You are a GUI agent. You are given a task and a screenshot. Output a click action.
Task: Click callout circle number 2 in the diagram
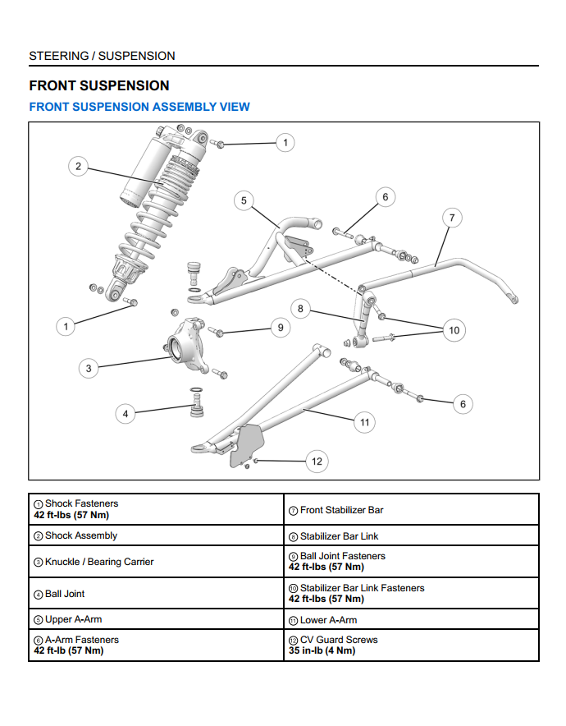(x=78, y=167)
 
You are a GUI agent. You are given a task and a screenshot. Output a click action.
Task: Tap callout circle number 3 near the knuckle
(x=89, y=368)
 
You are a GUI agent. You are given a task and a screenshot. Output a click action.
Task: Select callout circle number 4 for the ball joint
(x=126, y=414)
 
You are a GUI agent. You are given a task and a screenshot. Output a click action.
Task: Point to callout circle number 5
(x=244, y=201)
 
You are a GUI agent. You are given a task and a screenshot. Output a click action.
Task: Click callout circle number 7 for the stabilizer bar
(x=451, y=218)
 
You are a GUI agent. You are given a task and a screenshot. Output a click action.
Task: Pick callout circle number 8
(x=301, y=309)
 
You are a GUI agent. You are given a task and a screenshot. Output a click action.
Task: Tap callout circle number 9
(x=280, y=327)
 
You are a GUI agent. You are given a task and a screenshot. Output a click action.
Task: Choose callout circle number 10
(x=454, y=330)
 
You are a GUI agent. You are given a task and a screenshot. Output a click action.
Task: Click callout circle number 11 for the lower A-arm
(x=364, y=422)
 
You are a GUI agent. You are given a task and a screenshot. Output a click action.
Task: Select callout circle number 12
(x=317, y=462)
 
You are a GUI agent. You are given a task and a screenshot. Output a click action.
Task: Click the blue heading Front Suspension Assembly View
(x=139, y=107)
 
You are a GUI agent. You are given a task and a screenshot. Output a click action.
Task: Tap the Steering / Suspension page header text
(x=102, y=56)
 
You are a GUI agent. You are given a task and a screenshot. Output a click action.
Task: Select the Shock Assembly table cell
(x=81, y=535)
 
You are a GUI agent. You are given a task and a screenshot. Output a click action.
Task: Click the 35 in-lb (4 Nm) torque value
(x=322, y=650)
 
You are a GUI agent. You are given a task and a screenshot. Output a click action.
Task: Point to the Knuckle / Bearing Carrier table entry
(x=99, y=562)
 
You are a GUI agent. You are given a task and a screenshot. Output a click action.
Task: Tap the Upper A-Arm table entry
(x=73, y=619)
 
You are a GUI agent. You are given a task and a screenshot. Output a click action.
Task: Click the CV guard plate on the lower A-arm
(x=245, y=445)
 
